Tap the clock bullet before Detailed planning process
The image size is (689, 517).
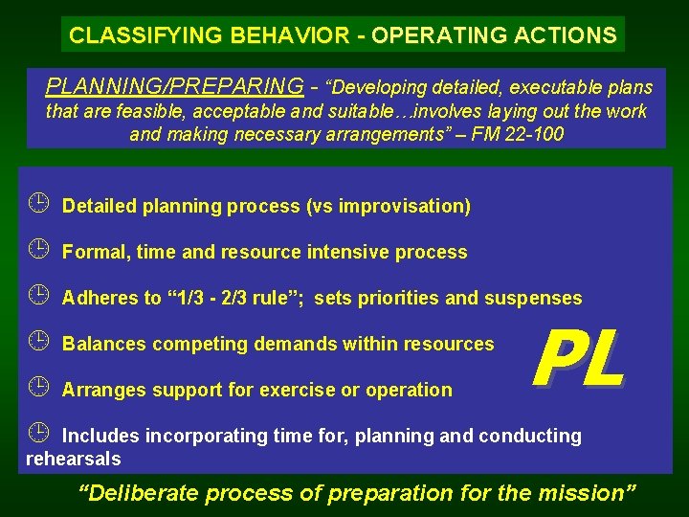(37, 205)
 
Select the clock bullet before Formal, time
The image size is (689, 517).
(37, 251)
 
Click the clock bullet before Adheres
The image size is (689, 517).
(37, 297)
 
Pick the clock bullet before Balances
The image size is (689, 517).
(37, 343)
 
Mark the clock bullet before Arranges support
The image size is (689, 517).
(37, 389)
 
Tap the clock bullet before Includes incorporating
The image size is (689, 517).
(37, 435)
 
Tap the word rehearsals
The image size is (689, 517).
(73, 459)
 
